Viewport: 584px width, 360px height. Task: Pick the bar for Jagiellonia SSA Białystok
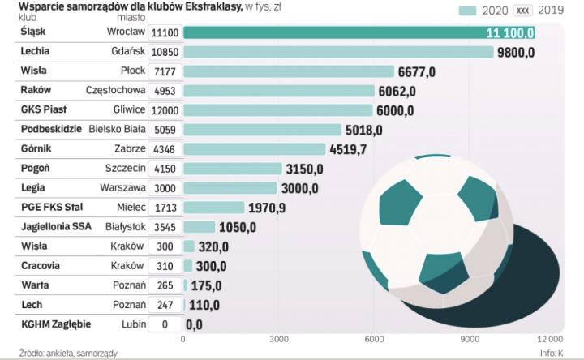tap(200, 227)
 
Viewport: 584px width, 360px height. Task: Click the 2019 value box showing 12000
tap(165, 110)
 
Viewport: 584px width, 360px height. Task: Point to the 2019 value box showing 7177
tap(165, 71)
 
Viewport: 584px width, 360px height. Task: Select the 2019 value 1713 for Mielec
tap(165, 208)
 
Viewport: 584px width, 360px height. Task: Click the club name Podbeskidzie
tap(51, 129)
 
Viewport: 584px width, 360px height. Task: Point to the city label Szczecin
tap(126, 168)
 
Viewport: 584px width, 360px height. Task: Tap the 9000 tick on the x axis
tap(470, 339)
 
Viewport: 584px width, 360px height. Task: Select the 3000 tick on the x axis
tap(279, 339)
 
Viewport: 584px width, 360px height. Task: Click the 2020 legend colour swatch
tap(467, 11)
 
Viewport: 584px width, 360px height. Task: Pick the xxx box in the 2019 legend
tap(522, 11)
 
